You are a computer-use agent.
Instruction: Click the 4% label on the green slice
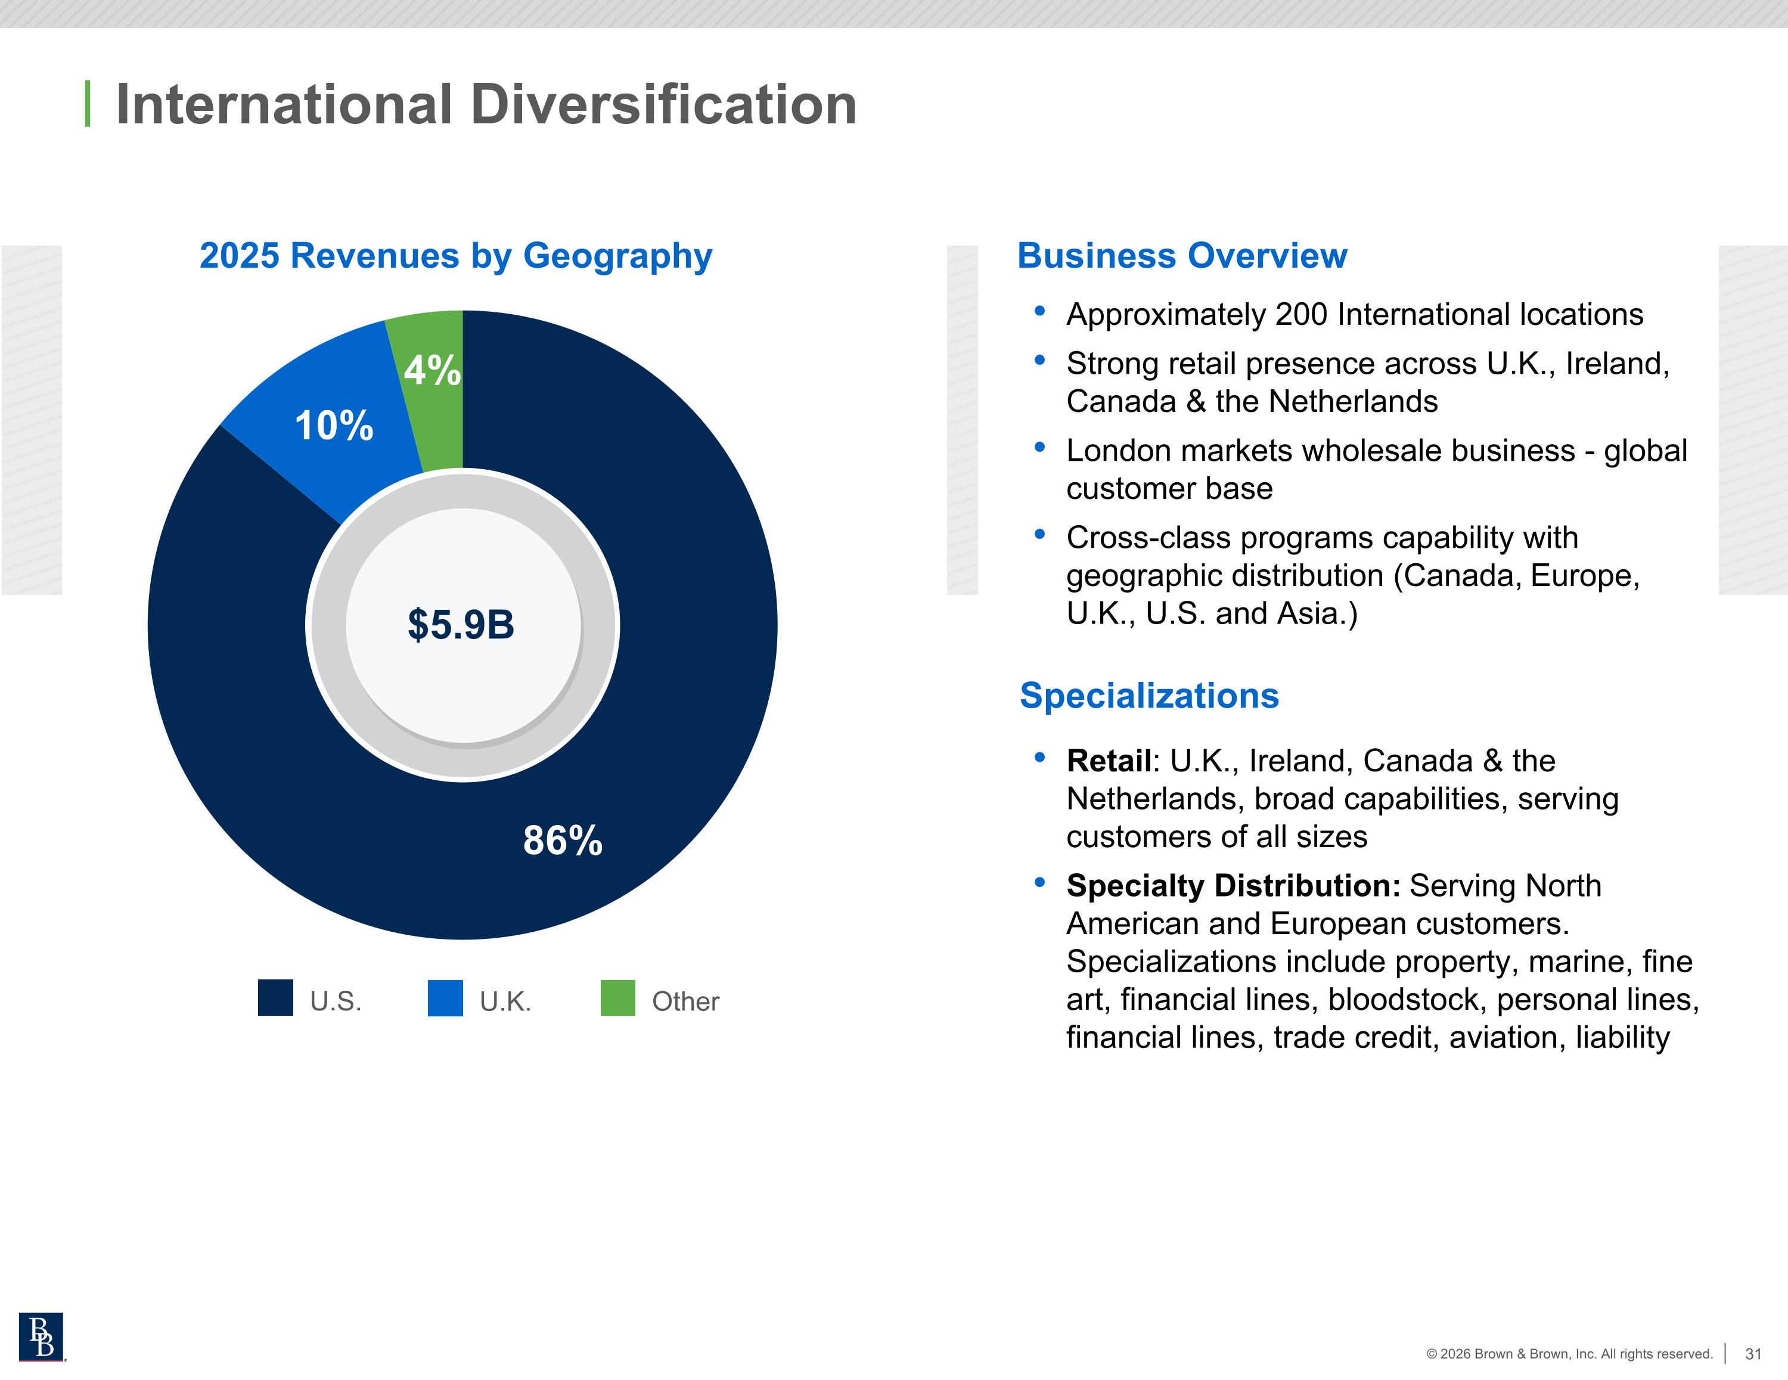432,370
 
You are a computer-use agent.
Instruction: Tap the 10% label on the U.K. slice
334,426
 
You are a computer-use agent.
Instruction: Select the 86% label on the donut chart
563,841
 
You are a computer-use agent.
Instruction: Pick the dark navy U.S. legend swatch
275,997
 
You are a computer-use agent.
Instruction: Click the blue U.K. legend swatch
445,997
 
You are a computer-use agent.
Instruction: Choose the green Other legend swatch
618,997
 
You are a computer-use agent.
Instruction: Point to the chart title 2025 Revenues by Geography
456,256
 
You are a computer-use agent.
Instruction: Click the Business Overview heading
1182,256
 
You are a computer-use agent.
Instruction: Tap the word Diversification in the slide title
663,105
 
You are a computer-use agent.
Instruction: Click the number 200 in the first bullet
1301,315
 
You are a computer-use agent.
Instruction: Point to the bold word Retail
1109,761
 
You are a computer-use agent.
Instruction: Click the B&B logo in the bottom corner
41,1336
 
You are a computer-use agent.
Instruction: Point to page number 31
1753,1354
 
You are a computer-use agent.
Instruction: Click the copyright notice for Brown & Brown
1569,1354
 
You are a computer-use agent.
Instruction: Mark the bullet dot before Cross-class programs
1040,534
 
